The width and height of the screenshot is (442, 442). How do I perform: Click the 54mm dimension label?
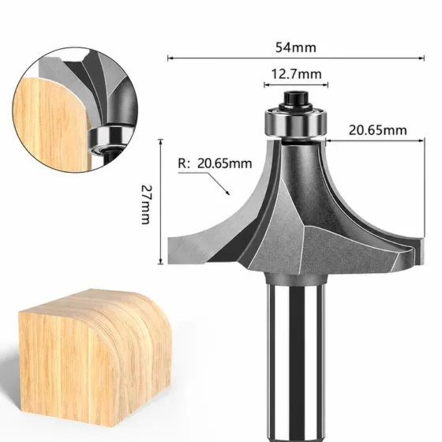pyautogui.click(x=296, y=47)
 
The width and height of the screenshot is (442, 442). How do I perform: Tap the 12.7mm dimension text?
pyautogui.click(x=296, y=74)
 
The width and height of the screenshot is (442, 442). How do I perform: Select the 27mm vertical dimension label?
pyautogui.click(x=145, y=204)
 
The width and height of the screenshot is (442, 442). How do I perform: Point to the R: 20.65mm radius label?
pyautogui.click(x=215, y=163)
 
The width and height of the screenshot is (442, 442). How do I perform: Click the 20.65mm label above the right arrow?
pyautogui.click(x=378, y=130)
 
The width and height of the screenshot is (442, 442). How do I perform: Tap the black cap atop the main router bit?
pyautogui.click(x=296, y=99)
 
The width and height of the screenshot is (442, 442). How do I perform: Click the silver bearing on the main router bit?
pyautogui.click(x=295, y=122)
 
